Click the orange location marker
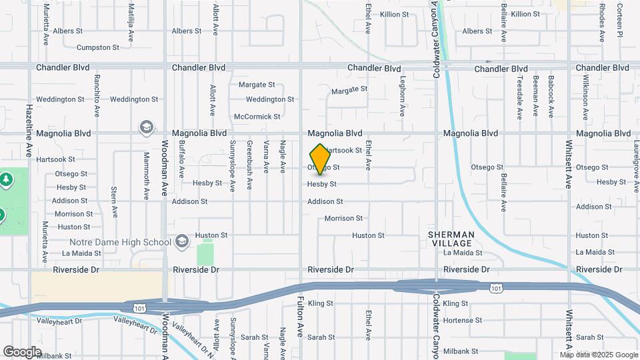click(x=321, y=159)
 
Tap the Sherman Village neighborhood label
click(x=451, y=239)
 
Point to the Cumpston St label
click(x=98, y=47)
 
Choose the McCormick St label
click(x=257, y=117)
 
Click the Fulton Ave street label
click(x=301, y=317)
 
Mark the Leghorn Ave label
click(x=403, y=97)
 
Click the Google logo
click(x=22, y=352)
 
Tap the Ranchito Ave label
click(x=97, y=97)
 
